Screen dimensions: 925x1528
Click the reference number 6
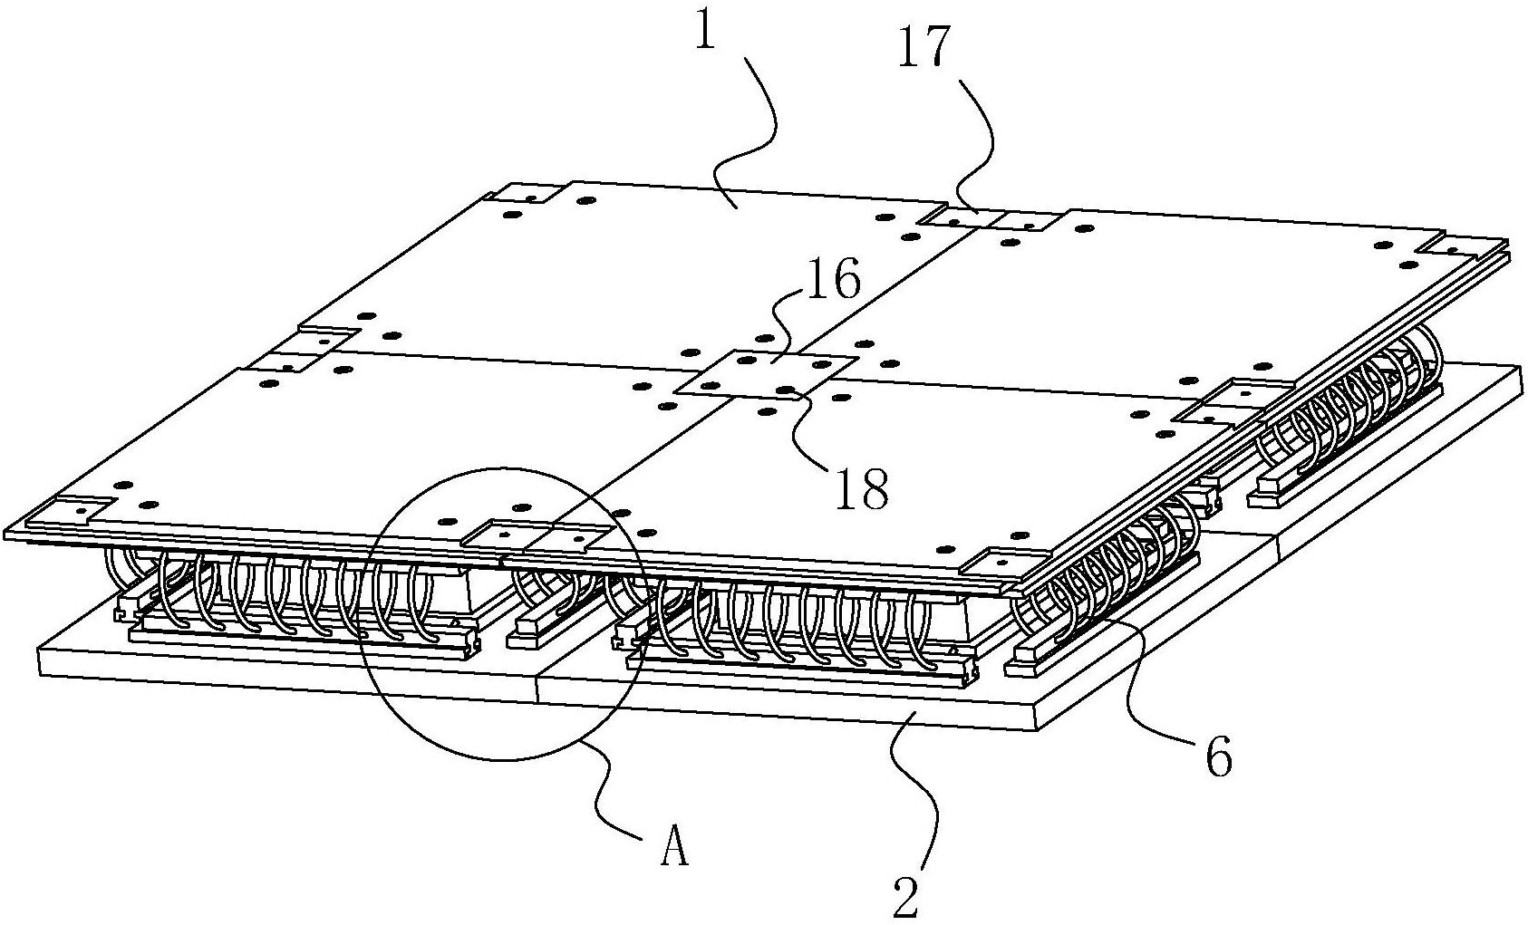[x=1217, y=759]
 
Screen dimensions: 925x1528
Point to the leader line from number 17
[x=983, y=136]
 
